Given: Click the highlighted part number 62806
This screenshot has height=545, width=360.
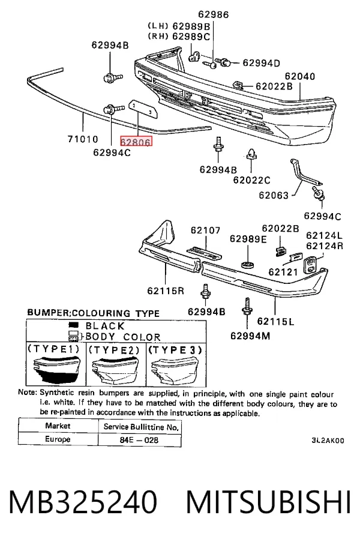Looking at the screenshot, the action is point(136,142).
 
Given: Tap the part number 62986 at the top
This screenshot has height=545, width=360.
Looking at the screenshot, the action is point(214,14).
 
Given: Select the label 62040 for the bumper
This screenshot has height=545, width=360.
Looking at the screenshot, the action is point(300,76).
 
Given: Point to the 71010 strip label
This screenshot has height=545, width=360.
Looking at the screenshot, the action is point(83,139).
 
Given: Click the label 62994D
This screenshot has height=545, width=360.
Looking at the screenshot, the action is point(262,63).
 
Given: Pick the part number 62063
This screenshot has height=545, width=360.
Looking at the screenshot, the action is point(274,195).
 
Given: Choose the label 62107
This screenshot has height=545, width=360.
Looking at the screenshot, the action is point(205,230).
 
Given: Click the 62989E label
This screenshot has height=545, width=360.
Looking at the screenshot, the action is point(248,239).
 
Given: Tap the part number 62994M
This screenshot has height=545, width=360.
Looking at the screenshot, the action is point(250,336).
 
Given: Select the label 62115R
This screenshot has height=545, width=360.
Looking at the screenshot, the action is point(166,291).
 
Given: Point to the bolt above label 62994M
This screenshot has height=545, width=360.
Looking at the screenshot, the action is point(247,306).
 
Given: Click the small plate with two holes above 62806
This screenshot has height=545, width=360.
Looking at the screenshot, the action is point(142,109).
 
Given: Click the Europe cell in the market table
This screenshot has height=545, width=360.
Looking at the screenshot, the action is point(58,439).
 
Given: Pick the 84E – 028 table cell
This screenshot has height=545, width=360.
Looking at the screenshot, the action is point(139,440).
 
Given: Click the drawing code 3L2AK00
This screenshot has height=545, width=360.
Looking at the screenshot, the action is point(328,441).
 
